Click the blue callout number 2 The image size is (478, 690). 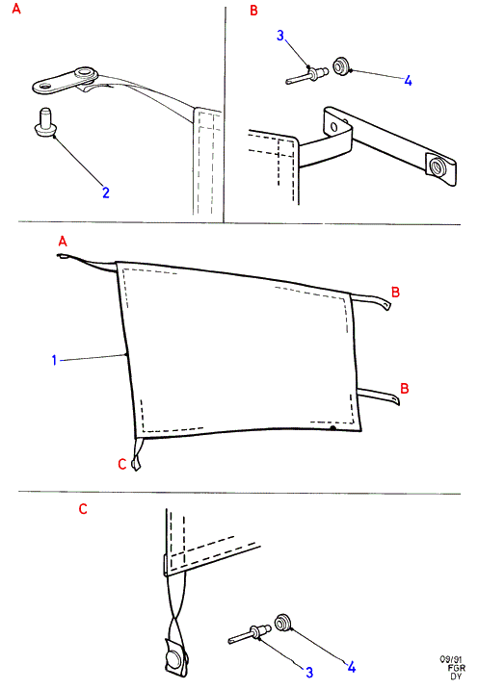tap(106, 192)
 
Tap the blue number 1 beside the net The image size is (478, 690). tap(54, 360)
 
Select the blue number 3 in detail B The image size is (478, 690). tap(280, 36)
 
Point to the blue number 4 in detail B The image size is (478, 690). tap(408, 81)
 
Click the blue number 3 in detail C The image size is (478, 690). tap(309, 672)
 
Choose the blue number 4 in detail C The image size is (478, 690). tap(351, 667)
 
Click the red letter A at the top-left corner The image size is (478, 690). tap(16, 9)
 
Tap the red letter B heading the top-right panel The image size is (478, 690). tap(253, 11)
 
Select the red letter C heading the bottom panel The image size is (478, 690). tap(83, 509)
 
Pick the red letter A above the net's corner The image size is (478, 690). tap(63, 242)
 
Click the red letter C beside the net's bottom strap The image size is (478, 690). tap(122, 464)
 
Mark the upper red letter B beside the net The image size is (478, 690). tap(395, 292)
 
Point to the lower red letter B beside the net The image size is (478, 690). tap(405, 388)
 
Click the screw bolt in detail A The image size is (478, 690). tap(44, 122)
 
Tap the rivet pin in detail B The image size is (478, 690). tap(307, 75)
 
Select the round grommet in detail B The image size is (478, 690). tap(340, 65)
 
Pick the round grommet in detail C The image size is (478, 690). tap(282, 623)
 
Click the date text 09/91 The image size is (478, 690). tap(451, 659)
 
